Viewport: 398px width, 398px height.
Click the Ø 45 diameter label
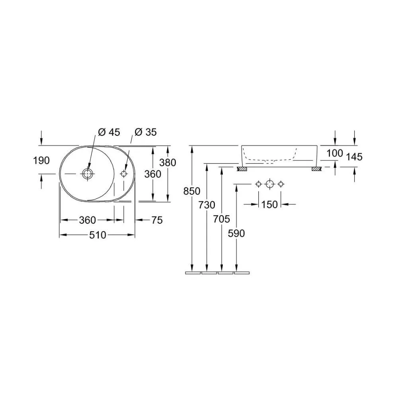109,132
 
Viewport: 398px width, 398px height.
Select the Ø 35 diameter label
146,132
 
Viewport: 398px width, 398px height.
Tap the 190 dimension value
41,161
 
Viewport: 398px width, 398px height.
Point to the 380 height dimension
168,162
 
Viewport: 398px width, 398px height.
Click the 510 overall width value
98,235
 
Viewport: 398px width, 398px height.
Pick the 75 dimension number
157,220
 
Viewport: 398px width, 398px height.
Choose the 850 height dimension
192,191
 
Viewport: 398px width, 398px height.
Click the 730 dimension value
207,205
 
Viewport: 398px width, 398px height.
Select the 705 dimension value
222,219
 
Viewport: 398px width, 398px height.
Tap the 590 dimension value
236,234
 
